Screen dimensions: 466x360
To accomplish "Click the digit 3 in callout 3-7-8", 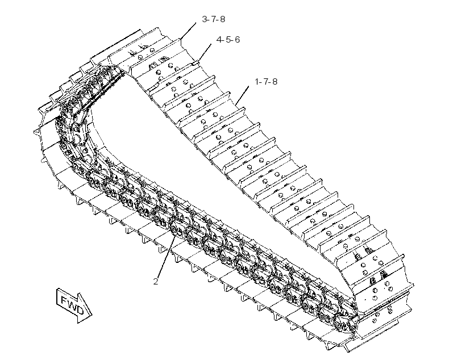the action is click(205, 19).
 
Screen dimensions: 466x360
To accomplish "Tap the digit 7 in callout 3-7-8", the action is click(214, 19).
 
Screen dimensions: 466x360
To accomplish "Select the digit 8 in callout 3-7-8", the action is click(222, 19).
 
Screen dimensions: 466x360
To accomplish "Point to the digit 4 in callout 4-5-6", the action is click(219, 40).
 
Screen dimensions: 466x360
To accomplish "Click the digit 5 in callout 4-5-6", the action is click(228, 40).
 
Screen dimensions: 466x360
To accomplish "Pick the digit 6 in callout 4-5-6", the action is click(237, 40).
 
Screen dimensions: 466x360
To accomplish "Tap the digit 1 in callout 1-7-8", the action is click(257, 81).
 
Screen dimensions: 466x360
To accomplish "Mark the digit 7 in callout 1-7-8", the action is click(266, 81).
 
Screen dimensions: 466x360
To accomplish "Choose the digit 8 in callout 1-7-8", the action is click(274, 81).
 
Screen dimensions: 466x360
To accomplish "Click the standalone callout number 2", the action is click(156, 281).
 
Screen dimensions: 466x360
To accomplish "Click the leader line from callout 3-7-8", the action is click(188, 31).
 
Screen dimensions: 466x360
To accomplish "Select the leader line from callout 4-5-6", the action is click(205, 53).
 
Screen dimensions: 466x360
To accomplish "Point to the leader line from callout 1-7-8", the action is click(242, 95).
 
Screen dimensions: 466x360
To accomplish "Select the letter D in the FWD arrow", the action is click(80, 310).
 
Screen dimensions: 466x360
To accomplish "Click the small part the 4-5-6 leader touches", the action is click(195, 62).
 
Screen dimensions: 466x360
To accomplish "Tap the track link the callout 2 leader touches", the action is click(176, 229).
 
